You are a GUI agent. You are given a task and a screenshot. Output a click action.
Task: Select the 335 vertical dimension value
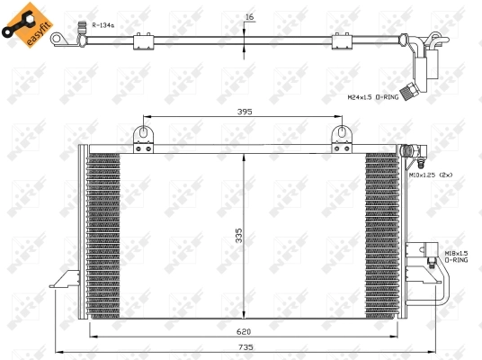tap(238, 236)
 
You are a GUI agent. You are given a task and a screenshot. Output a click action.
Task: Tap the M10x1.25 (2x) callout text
tap(433, 175)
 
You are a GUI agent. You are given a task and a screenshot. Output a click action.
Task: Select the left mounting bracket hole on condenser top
tap(141, 135)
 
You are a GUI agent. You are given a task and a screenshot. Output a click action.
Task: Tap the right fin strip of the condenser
tap(381, 234)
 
